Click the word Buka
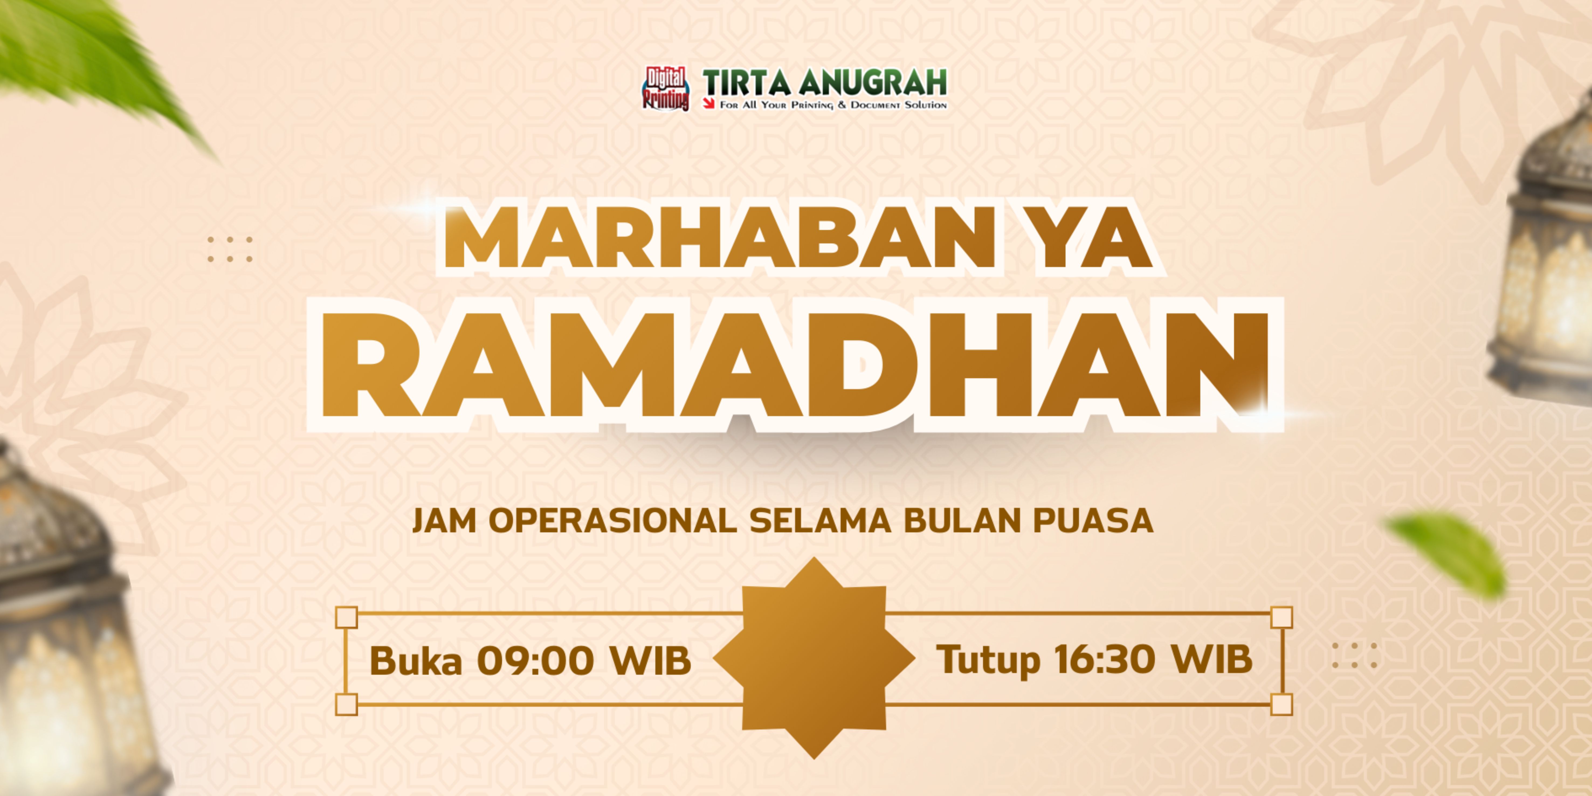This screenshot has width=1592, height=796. tap(415, 660)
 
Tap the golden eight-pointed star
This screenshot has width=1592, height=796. tap(814, 657)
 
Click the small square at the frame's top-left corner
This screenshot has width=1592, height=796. tap(347, 617)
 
